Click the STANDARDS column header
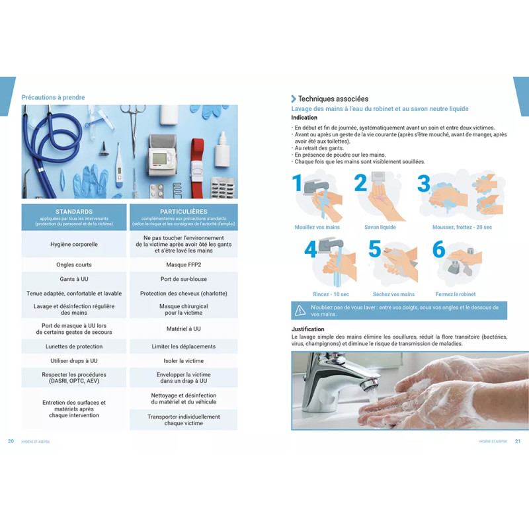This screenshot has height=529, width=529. click(74, 212)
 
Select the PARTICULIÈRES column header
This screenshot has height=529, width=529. click(183, 212)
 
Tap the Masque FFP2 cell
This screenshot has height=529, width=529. click(183, 264)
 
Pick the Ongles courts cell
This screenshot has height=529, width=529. click(74, 264)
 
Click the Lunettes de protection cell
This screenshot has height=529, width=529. click(74, 346)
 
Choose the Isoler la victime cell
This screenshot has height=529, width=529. click(183, 361)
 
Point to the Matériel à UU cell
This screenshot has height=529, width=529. click(183, 329)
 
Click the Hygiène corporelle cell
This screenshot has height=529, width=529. click(74, 244)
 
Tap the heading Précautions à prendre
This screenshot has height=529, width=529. click(53, 98)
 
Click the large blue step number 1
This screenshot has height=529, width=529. click(298, 183)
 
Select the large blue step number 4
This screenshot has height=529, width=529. click(310, 250)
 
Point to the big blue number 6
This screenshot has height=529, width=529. click(438, 250)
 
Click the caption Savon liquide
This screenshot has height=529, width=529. click(380, 227)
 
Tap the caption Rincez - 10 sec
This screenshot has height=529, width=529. click(331, 294)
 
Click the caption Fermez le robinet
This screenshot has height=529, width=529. click(455, 294)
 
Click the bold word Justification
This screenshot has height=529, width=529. click(308, 329)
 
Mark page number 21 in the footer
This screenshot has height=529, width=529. click(517, 442)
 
